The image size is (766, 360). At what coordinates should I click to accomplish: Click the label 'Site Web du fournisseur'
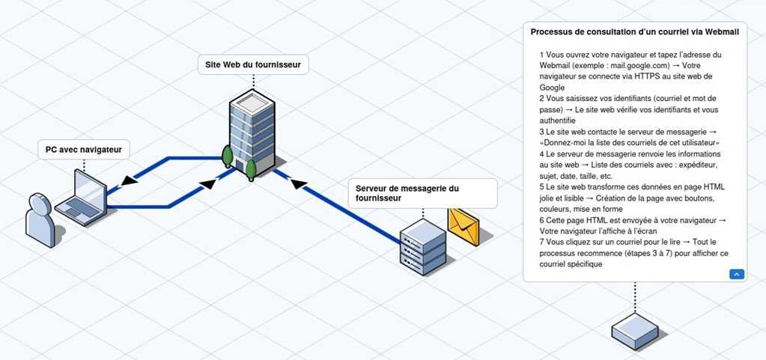click(253, 65)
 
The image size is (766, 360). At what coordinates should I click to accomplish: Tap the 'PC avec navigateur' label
click(83, 149)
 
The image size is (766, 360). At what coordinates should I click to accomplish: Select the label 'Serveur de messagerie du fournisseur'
click(422, 193)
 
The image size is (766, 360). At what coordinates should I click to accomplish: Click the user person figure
click(40, 219)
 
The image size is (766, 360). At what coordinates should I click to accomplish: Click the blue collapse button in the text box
click(737, 275)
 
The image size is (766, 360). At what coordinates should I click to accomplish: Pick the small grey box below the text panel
click(634, 330)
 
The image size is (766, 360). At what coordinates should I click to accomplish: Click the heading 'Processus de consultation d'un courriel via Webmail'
click(634, 32)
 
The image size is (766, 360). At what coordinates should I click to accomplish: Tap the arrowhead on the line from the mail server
click(299, 184)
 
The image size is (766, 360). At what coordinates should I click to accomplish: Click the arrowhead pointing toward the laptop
click(129, 180)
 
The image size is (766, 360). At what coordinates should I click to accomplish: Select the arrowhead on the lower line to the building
click(207, 183)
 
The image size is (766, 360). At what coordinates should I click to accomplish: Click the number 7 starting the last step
click(541, 242)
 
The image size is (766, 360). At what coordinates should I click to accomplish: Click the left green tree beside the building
click(228, 156)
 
